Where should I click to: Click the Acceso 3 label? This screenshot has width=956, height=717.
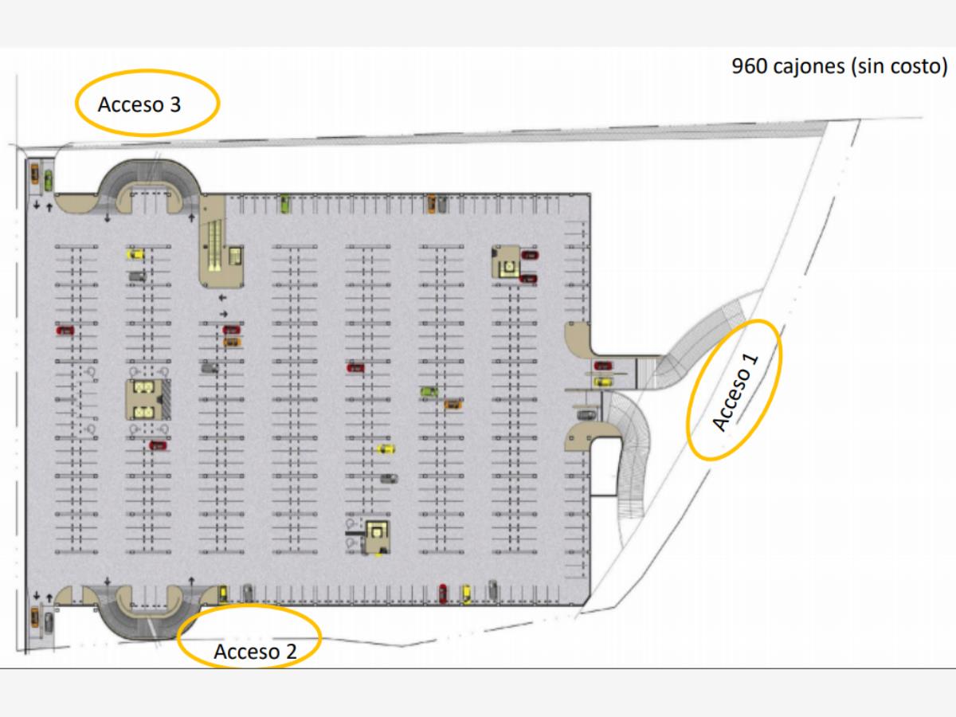pos(139,104)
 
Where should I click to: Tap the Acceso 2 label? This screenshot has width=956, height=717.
pos(255,652)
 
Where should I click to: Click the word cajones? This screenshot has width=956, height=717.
pos(807,66)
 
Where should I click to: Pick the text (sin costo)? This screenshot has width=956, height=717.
pos(897,66)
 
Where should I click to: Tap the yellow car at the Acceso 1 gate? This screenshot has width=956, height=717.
pos(604,382)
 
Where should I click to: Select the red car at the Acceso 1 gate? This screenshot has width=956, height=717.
pos(603,365)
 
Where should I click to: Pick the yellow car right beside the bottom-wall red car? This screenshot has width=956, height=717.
pos(466,594)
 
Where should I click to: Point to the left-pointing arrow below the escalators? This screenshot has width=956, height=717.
pos(222,298)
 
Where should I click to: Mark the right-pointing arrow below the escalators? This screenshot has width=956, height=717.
pos(224,313)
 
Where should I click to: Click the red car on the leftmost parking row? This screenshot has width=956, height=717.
pos(65,330)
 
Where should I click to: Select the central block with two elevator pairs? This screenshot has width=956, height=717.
pos(144,400)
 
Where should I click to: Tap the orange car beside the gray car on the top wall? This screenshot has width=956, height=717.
pos(431,204)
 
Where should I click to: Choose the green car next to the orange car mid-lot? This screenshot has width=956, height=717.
pos(429,391)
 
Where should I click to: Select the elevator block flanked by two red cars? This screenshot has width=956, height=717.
pos(505,263)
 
